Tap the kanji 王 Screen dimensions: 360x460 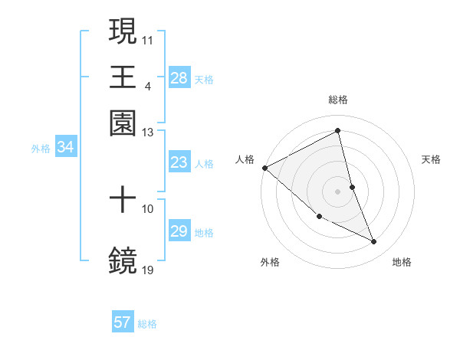123,77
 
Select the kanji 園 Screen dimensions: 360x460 123,123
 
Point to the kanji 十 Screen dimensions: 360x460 123,200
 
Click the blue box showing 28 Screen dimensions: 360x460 179,78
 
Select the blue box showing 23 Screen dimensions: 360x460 179,162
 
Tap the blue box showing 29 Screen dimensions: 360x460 179,231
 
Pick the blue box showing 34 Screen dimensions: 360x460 66,148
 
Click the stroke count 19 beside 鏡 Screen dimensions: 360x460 148,270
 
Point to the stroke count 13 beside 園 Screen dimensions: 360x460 148,133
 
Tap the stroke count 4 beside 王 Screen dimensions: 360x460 147,86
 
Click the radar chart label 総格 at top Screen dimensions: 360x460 338,100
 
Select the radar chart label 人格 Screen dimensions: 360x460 245,159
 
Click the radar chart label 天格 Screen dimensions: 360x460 432,159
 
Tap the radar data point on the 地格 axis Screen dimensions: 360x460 374,242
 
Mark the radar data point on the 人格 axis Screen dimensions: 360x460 264,168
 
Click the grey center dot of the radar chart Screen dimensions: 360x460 338,191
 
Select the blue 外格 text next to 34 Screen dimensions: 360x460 40,149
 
